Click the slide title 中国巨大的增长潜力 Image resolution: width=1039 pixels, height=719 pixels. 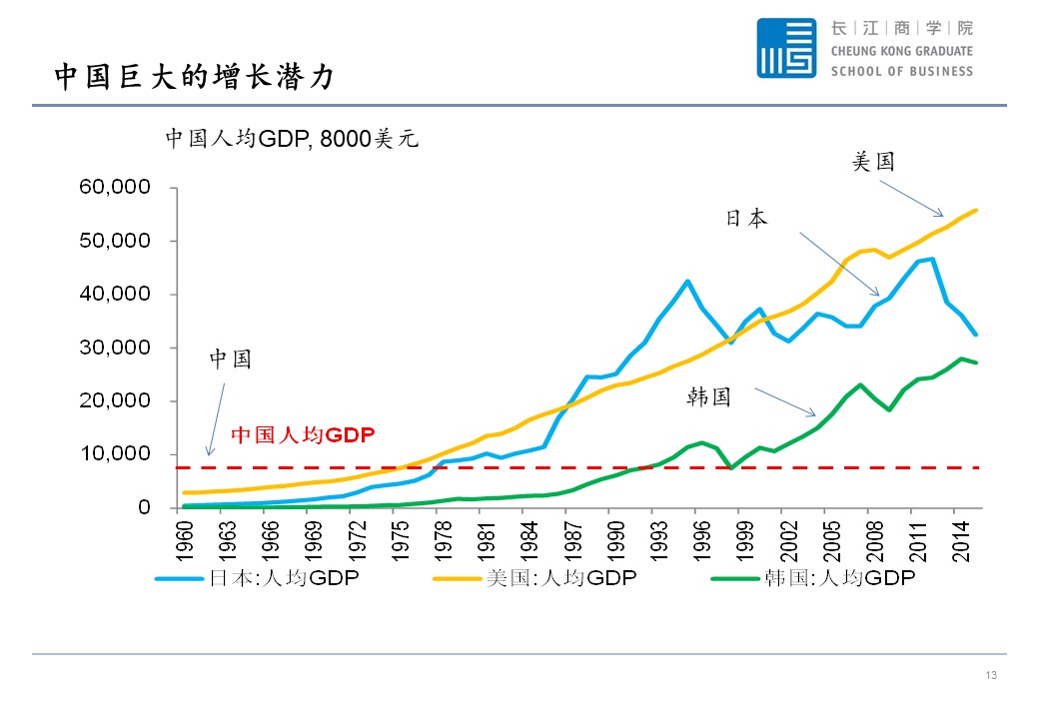click(x=193, y=77)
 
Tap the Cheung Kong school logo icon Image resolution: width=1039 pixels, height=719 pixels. click(x=785, y=48)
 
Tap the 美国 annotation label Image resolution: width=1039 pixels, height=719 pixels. click(x=873, y=161)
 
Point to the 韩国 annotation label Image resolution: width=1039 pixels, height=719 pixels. click(x=709, y=397)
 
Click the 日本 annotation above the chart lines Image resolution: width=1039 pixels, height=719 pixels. click(x=746, y=219)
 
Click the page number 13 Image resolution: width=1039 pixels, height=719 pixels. click(x=991, y=676)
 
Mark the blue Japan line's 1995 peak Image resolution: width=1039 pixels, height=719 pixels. click(x=687, y=281)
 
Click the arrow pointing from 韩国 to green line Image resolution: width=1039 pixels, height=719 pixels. click(x=784, y=401)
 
